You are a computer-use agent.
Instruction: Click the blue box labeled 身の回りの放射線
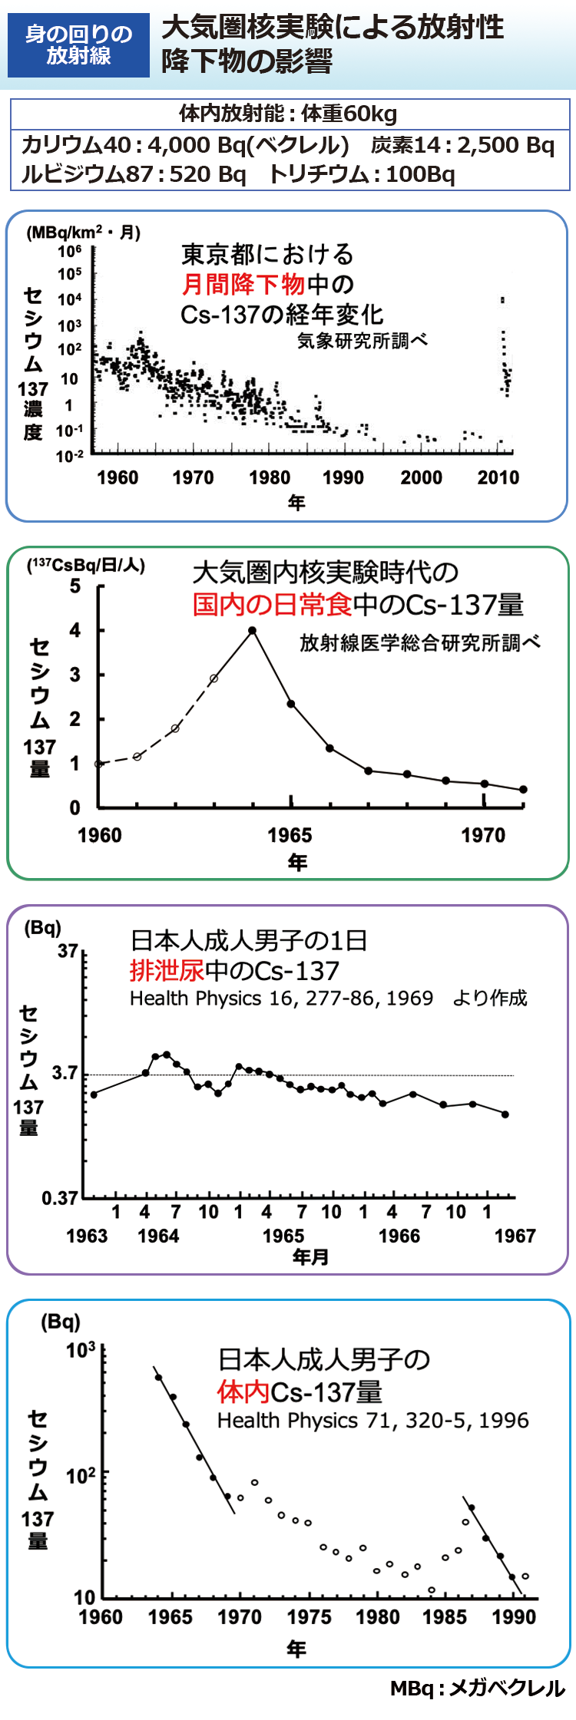tap(78, 45)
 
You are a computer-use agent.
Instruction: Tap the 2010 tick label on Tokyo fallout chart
tap(498, 477)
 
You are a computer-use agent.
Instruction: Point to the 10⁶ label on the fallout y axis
tap(70, 251)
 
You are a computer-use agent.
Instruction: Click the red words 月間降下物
tap(243, 285)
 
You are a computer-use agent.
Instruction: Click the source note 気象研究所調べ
tap(362, 341)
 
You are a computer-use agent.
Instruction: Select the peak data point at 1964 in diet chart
tap(252, 631)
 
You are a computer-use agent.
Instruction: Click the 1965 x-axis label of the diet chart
tap(290, 835)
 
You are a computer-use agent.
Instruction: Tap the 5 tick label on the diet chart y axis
tap(74, 586)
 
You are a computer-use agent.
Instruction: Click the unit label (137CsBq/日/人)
tap(86, 566)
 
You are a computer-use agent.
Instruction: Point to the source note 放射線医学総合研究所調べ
tap(419, 642)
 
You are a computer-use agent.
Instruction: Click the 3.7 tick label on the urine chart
tap(65, 1073)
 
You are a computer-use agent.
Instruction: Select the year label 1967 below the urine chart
tap(515, 1236)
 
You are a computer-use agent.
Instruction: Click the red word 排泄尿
tap(167, 971)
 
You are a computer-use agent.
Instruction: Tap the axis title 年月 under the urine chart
tap(310, 1257)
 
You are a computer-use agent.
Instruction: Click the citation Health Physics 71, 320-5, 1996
tap(373, 1421)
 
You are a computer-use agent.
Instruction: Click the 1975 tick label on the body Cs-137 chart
tap(310, 1617)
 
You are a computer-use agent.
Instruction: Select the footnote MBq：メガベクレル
tap(478, 1689)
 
